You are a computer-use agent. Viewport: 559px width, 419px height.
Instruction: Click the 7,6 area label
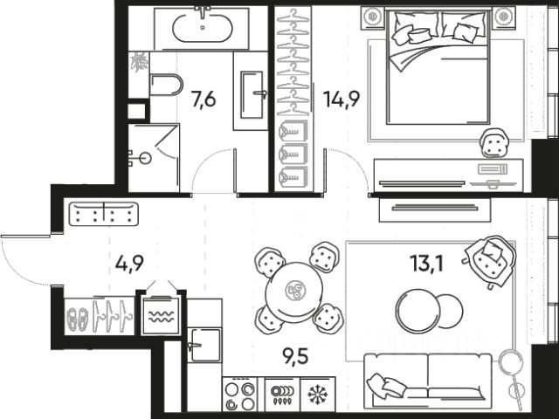[x=204, y=99]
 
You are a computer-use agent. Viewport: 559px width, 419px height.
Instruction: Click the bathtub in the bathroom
[x=202, y=28]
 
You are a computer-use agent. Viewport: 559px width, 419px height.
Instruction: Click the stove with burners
[x=239, y=395]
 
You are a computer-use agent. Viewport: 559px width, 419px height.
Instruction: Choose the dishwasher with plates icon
[x=279, y=394]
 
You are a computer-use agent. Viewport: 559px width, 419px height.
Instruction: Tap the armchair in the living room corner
[x=488, y=259]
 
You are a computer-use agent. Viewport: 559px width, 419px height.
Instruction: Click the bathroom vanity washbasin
[x=252, y=90]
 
